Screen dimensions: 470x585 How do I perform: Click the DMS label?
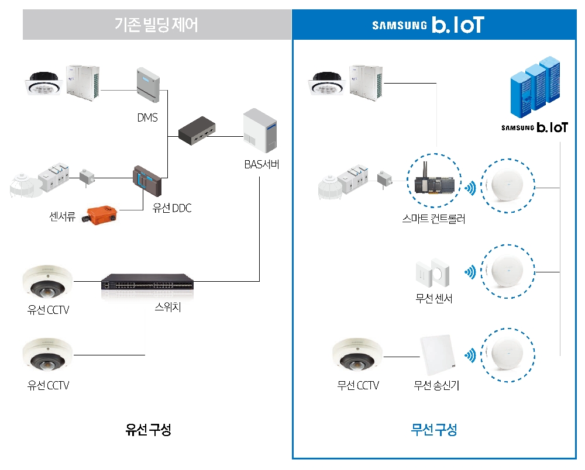point(147,117)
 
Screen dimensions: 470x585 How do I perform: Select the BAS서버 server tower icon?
point(260,132)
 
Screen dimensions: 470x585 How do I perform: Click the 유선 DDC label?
point(171,208)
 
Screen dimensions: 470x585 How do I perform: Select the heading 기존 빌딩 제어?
point(156,25)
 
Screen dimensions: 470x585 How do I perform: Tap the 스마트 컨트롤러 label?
point(433,220)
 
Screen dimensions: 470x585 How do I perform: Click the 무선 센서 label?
point(433,299)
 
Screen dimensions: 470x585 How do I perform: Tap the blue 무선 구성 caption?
point(433,431)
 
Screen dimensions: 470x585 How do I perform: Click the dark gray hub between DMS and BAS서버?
point(197,131)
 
